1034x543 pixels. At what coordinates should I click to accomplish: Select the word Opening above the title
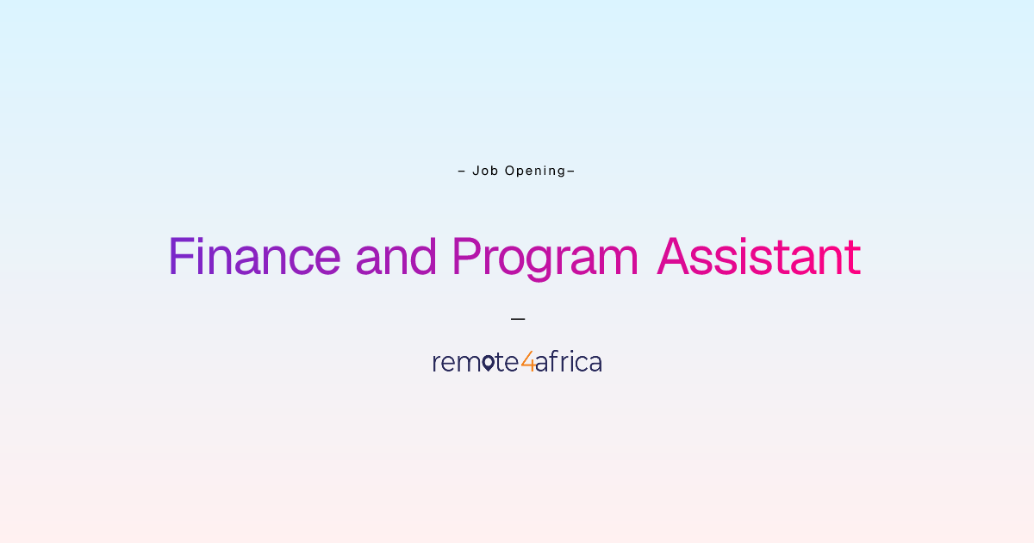(535, 172)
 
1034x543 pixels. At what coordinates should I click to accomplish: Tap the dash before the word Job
(462, 172)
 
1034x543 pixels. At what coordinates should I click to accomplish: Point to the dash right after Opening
(570, 172)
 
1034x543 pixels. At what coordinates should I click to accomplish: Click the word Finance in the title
(255, 256)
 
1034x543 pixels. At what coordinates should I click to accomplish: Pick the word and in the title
(396, 256)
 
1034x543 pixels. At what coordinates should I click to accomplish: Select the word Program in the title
(545, 259)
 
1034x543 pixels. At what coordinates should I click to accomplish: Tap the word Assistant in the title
(759, 256)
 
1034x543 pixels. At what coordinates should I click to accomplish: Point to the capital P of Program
(466, 256)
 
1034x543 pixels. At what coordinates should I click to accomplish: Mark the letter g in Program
(539, 264)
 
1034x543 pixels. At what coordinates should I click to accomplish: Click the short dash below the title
(518, 319)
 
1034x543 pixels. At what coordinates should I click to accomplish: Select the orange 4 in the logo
(528, 361)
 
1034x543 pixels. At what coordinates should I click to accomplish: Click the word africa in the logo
(569, 361)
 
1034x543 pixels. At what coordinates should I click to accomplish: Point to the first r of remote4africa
(437, 364)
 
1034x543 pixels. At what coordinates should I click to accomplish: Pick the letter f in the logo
(554, 361)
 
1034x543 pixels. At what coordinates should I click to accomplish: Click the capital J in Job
(476, 171)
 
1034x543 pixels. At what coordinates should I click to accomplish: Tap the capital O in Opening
(509, 171)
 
